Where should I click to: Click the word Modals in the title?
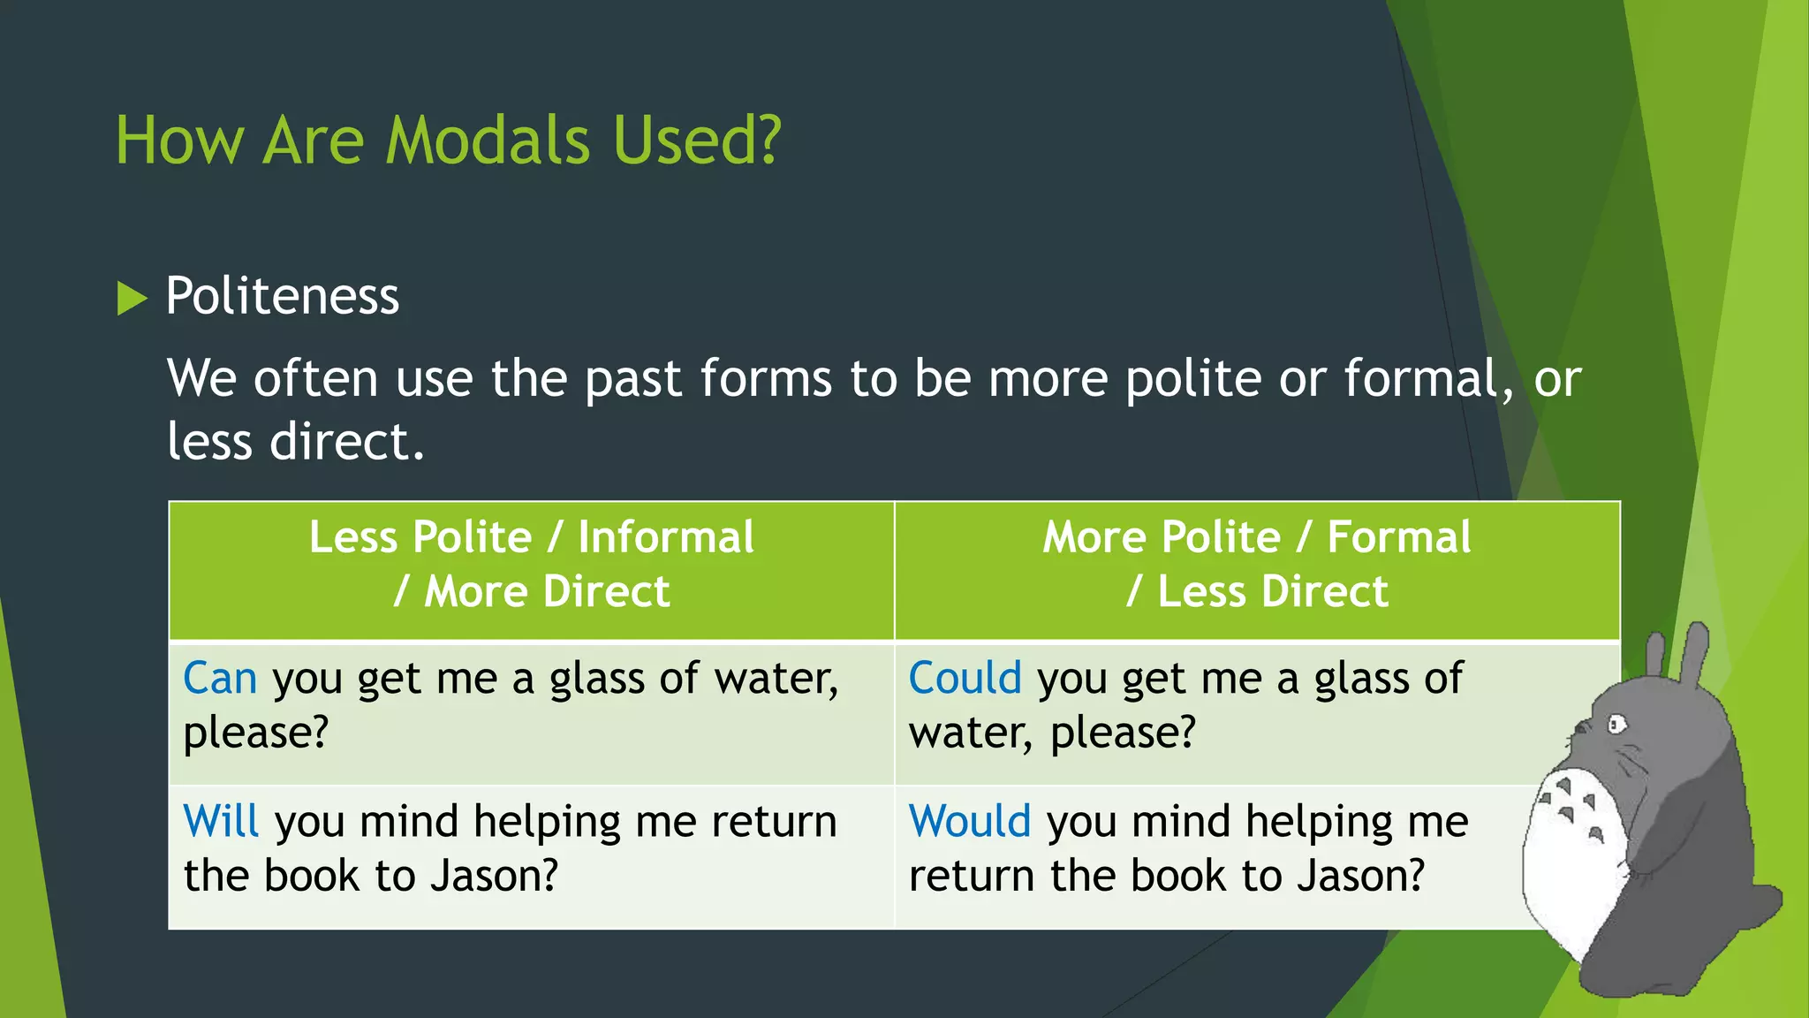(x=488, y=141)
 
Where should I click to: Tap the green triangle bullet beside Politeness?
(x=132, y=298)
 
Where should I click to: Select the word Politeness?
(x=282, y=296)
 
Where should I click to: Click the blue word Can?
(x=220, y=679)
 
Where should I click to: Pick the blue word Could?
(x=965, y=679)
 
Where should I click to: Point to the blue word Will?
(x=221, y=822)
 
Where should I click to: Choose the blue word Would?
(x=969, y=822)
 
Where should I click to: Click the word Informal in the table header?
(x=666, y=537)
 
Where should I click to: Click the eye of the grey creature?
(x=1616, y=726)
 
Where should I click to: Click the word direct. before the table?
(x=346, y=442)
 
